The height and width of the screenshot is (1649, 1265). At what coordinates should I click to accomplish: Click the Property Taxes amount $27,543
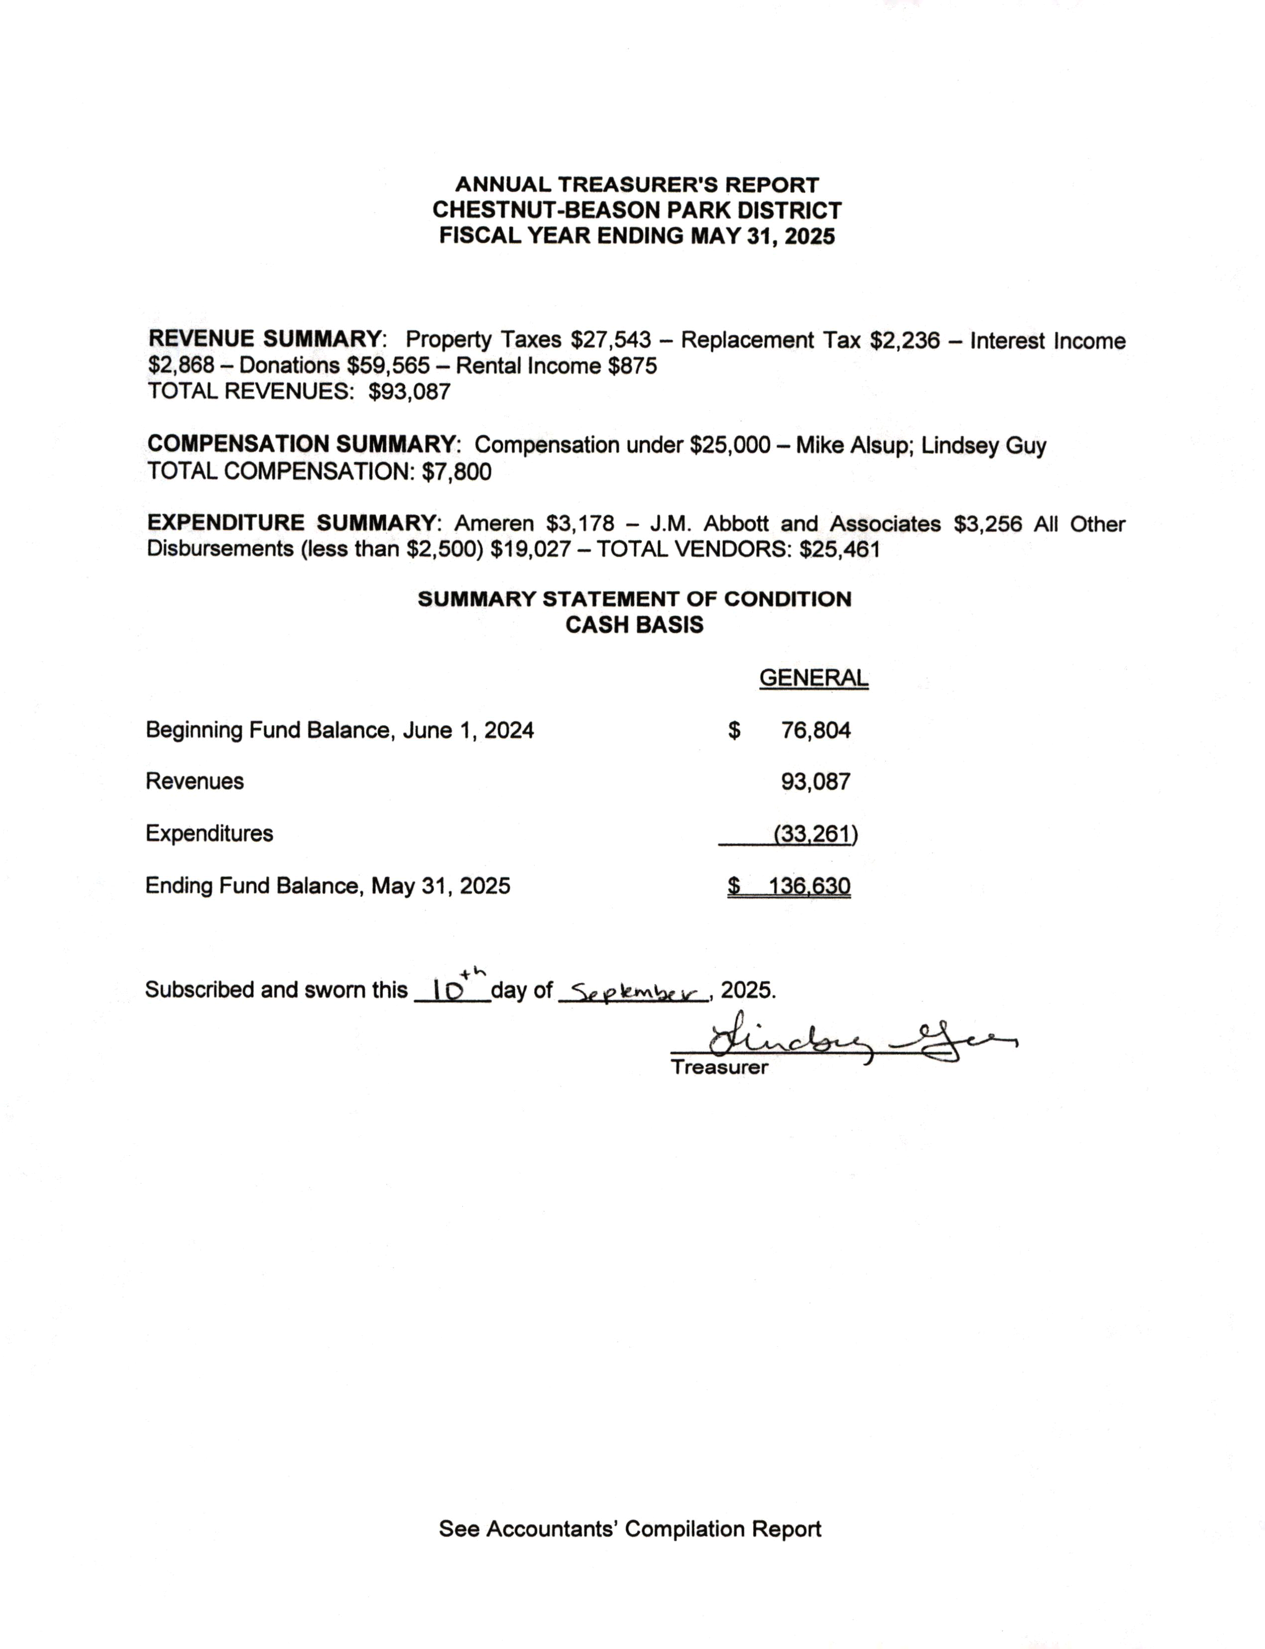tap(610, 340)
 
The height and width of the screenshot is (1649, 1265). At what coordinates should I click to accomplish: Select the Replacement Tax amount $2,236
tap(904, 340)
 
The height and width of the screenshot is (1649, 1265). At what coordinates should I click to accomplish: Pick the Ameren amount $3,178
tap(580, 523)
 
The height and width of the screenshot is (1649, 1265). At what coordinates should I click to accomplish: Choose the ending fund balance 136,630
tap(809, 886)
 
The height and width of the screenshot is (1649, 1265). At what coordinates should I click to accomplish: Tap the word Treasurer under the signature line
tap(719, 1067)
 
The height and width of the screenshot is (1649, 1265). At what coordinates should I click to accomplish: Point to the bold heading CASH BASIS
tap(634, 625)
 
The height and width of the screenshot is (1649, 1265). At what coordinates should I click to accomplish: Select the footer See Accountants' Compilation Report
tap(630, 1529)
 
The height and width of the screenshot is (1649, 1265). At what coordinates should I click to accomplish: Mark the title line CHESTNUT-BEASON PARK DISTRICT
tap(636, 210)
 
